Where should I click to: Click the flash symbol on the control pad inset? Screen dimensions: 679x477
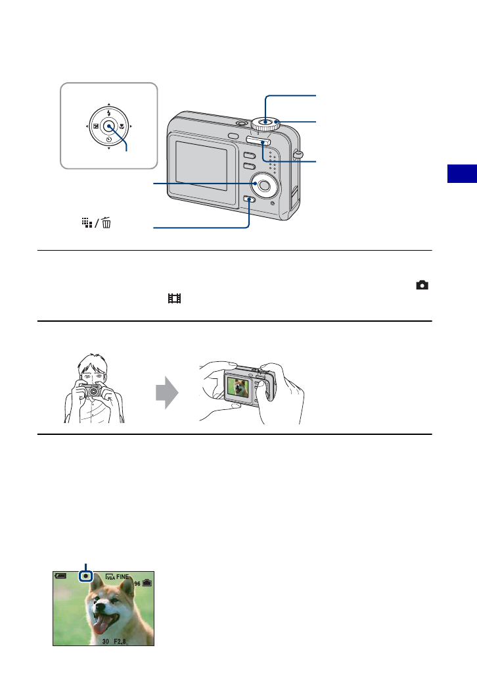pos(108,113)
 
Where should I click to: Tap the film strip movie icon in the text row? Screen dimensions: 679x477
pos(173,298)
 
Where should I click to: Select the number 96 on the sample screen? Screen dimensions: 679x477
pos(136,584)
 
